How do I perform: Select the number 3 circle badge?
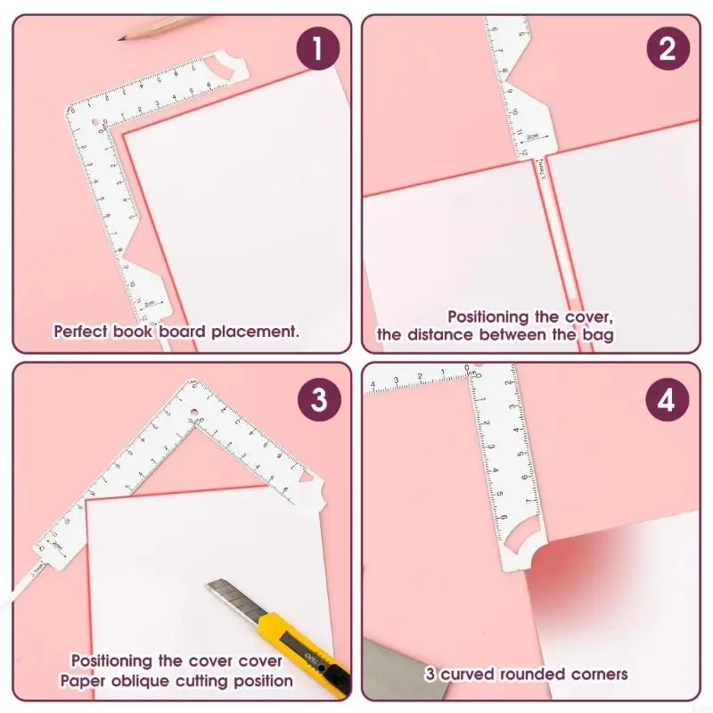click(319, 398)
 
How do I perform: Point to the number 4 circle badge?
click(668, 398)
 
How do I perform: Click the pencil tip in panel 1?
click(122, 37)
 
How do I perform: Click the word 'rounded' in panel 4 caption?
click(518, 674)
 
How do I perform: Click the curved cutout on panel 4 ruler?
click(520, 538)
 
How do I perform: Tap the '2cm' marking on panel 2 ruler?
click(532, 137)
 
